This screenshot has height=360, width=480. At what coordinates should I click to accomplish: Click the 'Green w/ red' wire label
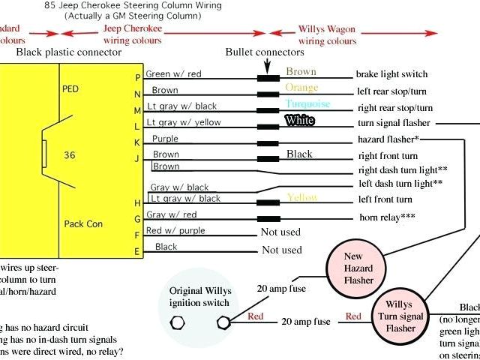coord(174,74)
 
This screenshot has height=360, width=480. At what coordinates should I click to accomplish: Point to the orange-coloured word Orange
coord(301,88)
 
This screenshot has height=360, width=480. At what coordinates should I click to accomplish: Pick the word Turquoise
coord(308,104)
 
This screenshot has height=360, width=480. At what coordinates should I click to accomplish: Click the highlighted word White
coord(299,120)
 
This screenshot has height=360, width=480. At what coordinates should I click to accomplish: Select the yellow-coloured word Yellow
coord(301,198)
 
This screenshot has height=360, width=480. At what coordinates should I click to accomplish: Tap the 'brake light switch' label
coord(391,74)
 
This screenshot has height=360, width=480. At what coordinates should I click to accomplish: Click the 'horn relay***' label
coord(387,217)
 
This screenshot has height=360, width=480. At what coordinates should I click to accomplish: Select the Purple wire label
coord(165,139)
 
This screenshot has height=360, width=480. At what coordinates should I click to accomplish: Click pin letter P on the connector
coord(137,78)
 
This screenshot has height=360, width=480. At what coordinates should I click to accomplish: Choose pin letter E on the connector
coord(137,251)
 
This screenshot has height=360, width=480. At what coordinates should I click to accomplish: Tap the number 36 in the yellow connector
coord(69,156)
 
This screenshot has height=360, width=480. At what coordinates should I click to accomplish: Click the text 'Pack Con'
coord(82,223)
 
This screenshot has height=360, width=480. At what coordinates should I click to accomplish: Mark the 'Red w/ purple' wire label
coord(175,230)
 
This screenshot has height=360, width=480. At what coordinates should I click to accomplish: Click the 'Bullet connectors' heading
coord(265,52)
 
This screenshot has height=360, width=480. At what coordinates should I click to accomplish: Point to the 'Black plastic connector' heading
coord(68,52)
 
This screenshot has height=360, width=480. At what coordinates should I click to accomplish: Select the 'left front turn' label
coord(385,199)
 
